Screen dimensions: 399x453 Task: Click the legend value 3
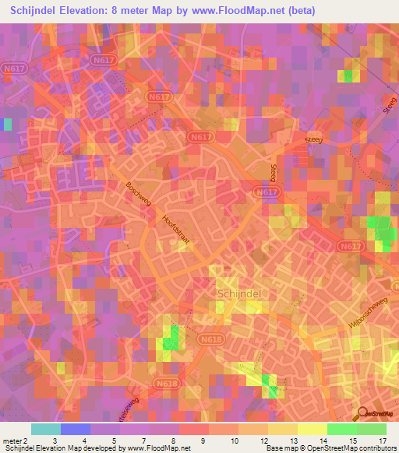(x=54, y=441)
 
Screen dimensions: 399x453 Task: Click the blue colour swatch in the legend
(x=76, y=429)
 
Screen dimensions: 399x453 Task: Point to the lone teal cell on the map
(x=8, y=124)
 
